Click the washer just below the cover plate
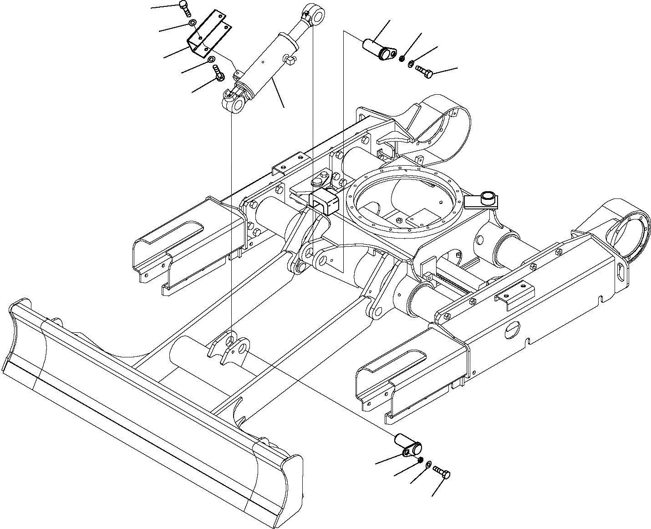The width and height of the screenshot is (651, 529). click(x=211, y=60)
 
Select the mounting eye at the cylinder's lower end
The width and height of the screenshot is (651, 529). click(x=235, y=103)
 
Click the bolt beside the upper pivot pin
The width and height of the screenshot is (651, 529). click(x=423, y=71)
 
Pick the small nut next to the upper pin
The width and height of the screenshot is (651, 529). click(x=402, y=58)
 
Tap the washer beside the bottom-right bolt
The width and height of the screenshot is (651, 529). click(x=428, y=464)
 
